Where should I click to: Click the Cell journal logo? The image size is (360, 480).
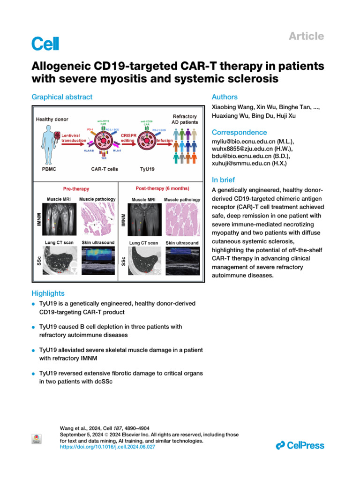45,44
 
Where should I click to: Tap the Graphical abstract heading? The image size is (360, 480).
62,97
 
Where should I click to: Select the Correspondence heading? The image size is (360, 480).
240,132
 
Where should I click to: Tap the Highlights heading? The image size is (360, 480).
48,293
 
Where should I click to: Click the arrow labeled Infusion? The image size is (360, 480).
165,140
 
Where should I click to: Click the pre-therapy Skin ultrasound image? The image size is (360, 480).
98,262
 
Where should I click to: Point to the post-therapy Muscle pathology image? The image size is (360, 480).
183,220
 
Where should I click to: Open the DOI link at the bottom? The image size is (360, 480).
108,448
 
